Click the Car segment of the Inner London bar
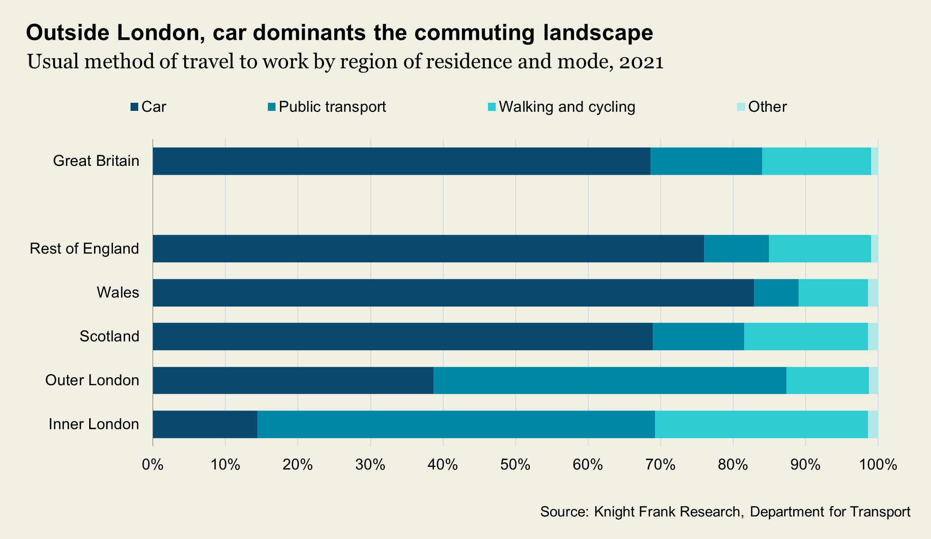click(x=205, y=424)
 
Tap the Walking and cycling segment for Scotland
click(x=805, y=337)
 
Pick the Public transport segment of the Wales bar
click(x=776, y=293)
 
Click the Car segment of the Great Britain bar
click(x=401, y=161)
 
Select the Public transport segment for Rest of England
click(x=736, y=249)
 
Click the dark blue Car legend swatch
click(x=134, y=107)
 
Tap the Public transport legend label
click(x=332, y=107)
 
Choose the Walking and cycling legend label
click(x=567, y=107)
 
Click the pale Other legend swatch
click(x=741, y=107)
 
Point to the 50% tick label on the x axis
click(x=515, y=465)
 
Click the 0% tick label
click(x=153, y=465)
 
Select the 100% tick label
click(x=877, y=465)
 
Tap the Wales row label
click(x=118, y=293)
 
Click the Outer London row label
click(x=92, y=380)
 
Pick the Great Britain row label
click(x=96, y=161)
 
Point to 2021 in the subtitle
click(x=641, y=62)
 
